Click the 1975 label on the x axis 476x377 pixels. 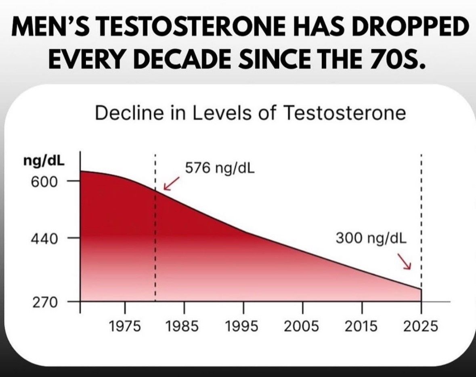click(x=125, y=326)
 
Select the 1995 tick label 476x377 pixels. click(x=242, y=326)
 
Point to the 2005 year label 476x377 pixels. click(x=302, y=326)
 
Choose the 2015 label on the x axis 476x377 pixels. click(x=361, y=326)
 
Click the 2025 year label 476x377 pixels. click(x=421, y=326)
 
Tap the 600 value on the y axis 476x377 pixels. click(x=44, y=182)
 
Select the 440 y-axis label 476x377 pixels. click(x=44, y=239)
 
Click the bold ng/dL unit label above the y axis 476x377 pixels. click(x=44, y=161)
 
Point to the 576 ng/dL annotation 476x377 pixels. click(x=220, y=168)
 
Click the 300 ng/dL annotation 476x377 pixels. click(x=371, y=238)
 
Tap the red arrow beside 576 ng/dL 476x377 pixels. click(x=170, y=184)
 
